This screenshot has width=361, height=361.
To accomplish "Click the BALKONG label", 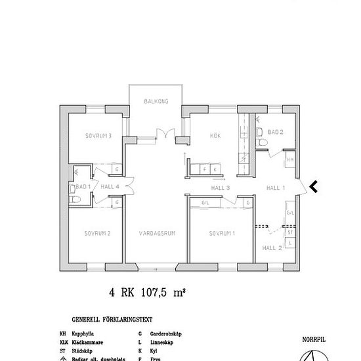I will tap(158, 101).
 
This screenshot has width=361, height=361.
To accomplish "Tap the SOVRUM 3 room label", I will tap(98, 137).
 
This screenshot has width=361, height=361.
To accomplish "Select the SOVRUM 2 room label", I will tap(96, 234).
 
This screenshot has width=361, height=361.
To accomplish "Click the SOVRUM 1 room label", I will tap(222, 234).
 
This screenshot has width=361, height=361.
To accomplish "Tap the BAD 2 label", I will tap(276, 132).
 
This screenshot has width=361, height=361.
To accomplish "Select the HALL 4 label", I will tap(110, 187).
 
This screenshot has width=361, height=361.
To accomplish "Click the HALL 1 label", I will tap(274, 188).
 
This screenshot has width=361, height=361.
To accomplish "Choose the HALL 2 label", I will tap(272, 248).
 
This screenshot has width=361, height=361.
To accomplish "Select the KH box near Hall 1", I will tap(289, 159).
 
